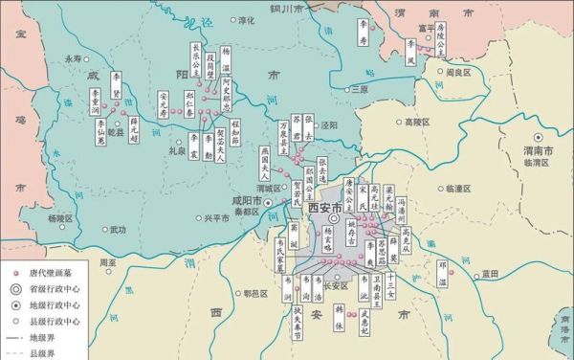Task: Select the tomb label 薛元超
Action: tap(134, 127)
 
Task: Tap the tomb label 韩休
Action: tap(339, 316)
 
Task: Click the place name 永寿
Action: tap(74, 58)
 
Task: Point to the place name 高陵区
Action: tap(418, 123)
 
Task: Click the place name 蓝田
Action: tap(489, 273)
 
